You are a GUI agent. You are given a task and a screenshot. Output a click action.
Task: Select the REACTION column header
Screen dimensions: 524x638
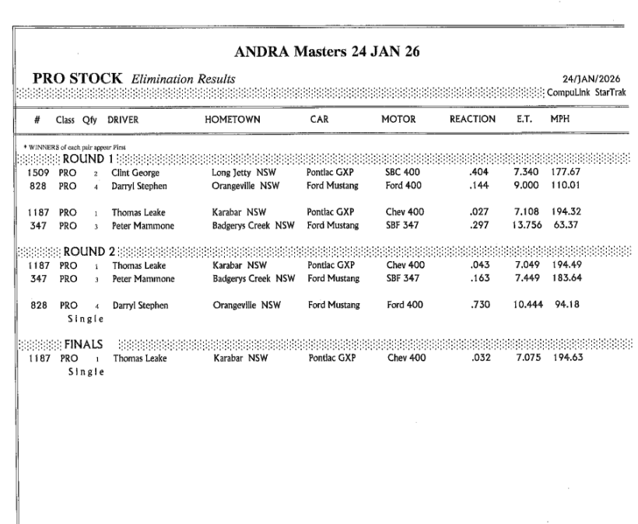point(472,121)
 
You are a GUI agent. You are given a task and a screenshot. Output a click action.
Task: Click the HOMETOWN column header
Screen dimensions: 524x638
point(232,121)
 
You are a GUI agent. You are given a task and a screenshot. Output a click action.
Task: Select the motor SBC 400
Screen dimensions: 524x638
point(404,173)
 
